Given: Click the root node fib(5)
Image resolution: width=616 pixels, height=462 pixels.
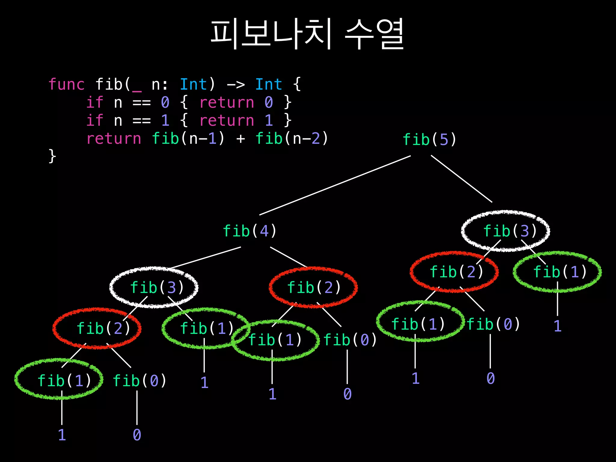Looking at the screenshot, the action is click(x=429, y=140).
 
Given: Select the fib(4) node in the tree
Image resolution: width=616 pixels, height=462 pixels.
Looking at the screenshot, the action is click(x=249, y=231).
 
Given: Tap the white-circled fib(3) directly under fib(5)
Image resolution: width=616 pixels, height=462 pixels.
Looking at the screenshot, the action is click(x=510, y=231).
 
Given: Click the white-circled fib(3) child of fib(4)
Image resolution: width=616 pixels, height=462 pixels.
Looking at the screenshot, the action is click(x=157, y=288).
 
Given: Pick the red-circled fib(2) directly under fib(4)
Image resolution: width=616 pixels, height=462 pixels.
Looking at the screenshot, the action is click(x=314, y=288).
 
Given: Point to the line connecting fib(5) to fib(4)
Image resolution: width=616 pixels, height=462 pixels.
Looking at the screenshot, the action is click(x=335, y=185).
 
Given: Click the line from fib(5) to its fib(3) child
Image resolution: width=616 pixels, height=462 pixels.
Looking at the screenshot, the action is click(x=461, y=179).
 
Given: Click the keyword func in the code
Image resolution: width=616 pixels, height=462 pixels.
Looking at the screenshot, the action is click(x=66, y=84).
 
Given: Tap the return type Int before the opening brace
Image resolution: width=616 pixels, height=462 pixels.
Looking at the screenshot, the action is click(x=269, y=84).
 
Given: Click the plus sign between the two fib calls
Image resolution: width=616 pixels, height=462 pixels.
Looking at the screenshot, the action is click(x=240, y=139).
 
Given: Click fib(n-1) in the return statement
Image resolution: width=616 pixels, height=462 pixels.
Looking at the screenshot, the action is click(x=188, y=139).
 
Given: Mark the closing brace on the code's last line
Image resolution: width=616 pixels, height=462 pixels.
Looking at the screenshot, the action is click(x=52, y=156).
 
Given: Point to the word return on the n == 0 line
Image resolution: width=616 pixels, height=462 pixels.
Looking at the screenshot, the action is click(x=227, y=103).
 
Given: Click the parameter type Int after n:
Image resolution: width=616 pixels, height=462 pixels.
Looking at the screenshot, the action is click(x=193, y=84).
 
